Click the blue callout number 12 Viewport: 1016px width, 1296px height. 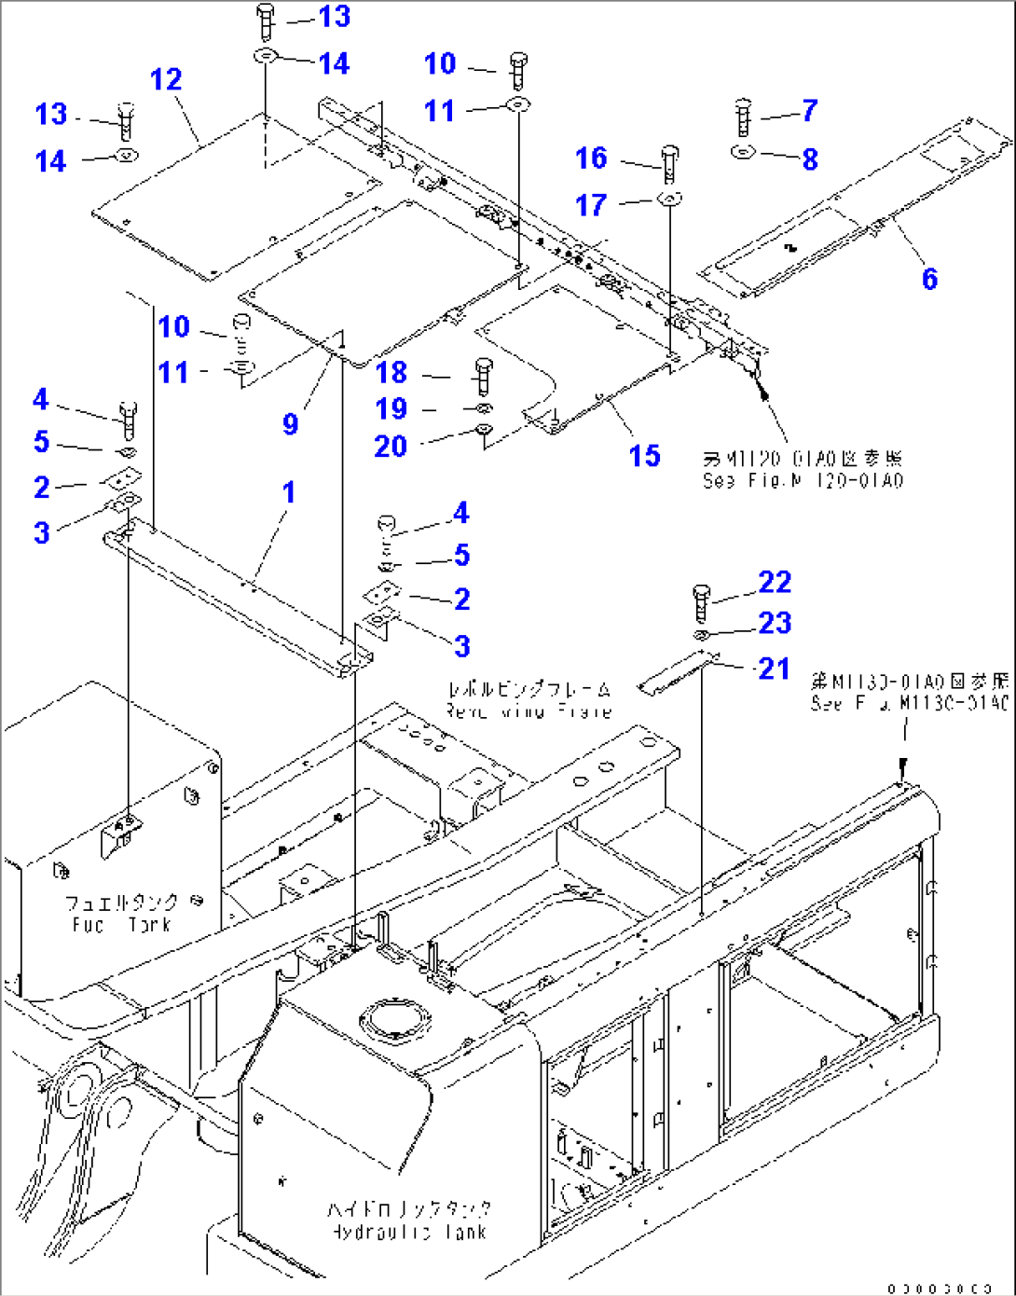click(166, 79)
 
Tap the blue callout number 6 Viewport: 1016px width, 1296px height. click(929, 279)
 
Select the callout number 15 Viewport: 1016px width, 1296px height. click(644, 456)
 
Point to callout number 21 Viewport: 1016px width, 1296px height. click(774, 669)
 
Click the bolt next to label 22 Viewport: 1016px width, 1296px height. click(702, 601)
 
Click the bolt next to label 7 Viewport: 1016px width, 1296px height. click(743, 117)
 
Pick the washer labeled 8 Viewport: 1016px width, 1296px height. click(743, 152)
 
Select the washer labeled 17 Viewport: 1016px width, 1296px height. click(669, 199)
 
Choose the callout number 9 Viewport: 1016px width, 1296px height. click(291, 424)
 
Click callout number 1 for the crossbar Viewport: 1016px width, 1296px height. click(289, 491)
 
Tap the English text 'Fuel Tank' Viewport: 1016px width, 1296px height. click(122, 925)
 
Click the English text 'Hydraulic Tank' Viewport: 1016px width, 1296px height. click(409, 1232)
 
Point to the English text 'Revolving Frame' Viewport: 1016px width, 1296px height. click(529, 711)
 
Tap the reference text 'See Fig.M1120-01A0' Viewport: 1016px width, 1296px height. click(803, 481)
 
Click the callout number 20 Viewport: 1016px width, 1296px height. click(391, 447)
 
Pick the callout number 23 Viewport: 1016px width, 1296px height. click(775, 623)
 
